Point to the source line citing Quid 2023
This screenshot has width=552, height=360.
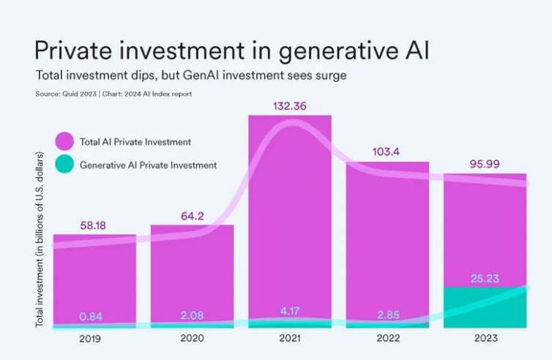[x=113, y=94]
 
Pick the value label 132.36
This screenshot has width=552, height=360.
[x=289, y=106]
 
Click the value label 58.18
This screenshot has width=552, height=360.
[x=92, y=225]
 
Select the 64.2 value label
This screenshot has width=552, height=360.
[x=193, y=216]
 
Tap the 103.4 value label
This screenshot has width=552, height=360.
[x=387, y=152]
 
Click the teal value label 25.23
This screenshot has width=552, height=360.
[x=484, y=278]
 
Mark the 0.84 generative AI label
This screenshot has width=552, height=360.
[x=92, y=316]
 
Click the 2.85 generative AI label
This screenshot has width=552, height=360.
[x=387, y=314]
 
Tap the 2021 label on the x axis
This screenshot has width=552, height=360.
[x=289, y=338]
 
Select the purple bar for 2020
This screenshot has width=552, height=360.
[x=193, y=271]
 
